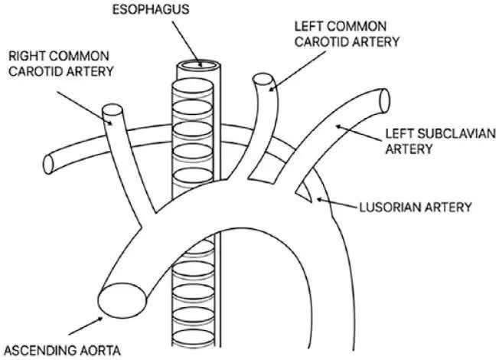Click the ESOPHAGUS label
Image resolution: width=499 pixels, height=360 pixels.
click(x=151, y=9)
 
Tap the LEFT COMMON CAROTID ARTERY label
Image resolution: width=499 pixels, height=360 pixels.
click(x=347, y=34)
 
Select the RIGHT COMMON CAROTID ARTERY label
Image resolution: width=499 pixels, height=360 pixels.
click(x=60, y=64)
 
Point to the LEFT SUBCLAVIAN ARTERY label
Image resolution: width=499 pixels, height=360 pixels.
click(x=440, y=141)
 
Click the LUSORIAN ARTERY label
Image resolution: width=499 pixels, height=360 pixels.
click(x=416, y=208)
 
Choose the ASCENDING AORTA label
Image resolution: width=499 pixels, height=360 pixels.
click(x=63, y=351)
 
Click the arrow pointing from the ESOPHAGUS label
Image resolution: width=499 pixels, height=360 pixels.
click(x=187, y=44)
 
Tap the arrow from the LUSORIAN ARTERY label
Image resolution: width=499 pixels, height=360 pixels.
click(x=337, y=204)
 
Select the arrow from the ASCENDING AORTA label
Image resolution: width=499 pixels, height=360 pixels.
click(x=86, y=326)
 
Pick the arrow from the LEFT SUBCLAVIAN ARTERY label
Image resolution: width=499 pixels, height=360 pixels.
click(x=359, y=133)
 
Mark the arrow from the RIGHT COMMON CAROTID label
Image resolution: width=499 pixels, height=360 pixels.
click(x=84, y=108)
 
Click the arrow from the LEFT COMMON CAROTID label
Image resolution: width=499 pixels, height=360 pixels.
click(x=297, y=71)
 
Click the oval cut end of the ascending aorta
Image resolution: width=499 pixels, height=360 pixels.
click(x=122, y=299)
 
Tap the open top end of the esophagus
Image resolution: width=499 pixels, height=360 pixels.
click(x=198, y=65)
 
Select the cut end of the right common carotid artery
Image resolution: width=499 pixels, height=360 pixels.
click(x=113, y=110)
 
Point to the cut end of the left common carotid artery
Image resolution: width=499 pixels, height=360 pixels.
click(x=263, y=80)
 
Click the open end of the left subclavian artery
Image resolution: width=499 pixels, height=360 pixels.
click(x=385, y=100)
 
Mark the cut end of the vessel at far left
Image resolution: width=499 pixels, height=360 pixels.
click(x=48, y=165)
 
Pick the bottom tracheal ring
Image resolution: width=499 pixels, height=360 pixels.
click(x=193, y=338)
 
